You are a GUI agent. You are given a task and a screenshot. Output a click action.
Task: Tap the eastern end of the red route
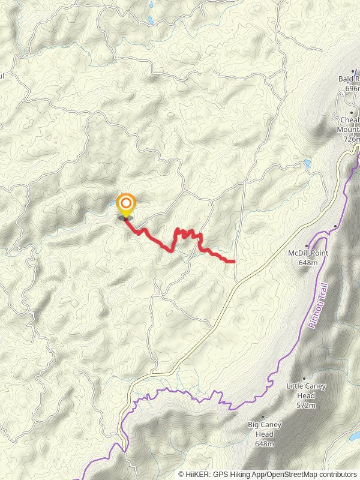(233, 261)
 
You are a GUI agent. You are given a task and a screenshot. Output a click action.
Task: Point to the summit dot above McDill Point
(307, 245)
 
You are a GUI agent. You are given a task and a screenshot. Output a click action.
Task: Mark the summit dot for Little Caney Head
(304, 378)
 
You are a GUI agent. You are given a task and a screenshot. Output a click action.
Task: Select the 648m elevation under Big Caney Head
(264, 444)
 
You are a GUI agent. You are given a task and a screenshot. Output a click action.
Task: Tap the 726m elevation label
(352, 139)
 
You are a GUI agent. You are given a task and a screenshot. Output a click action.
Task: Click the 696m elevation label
(352, 89)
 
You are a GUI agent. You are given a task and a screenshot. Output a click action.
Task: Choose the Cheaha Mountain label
(351, 124)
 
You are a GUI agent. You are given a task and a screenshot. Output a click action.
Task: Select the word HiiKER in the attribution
(197, 474)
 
